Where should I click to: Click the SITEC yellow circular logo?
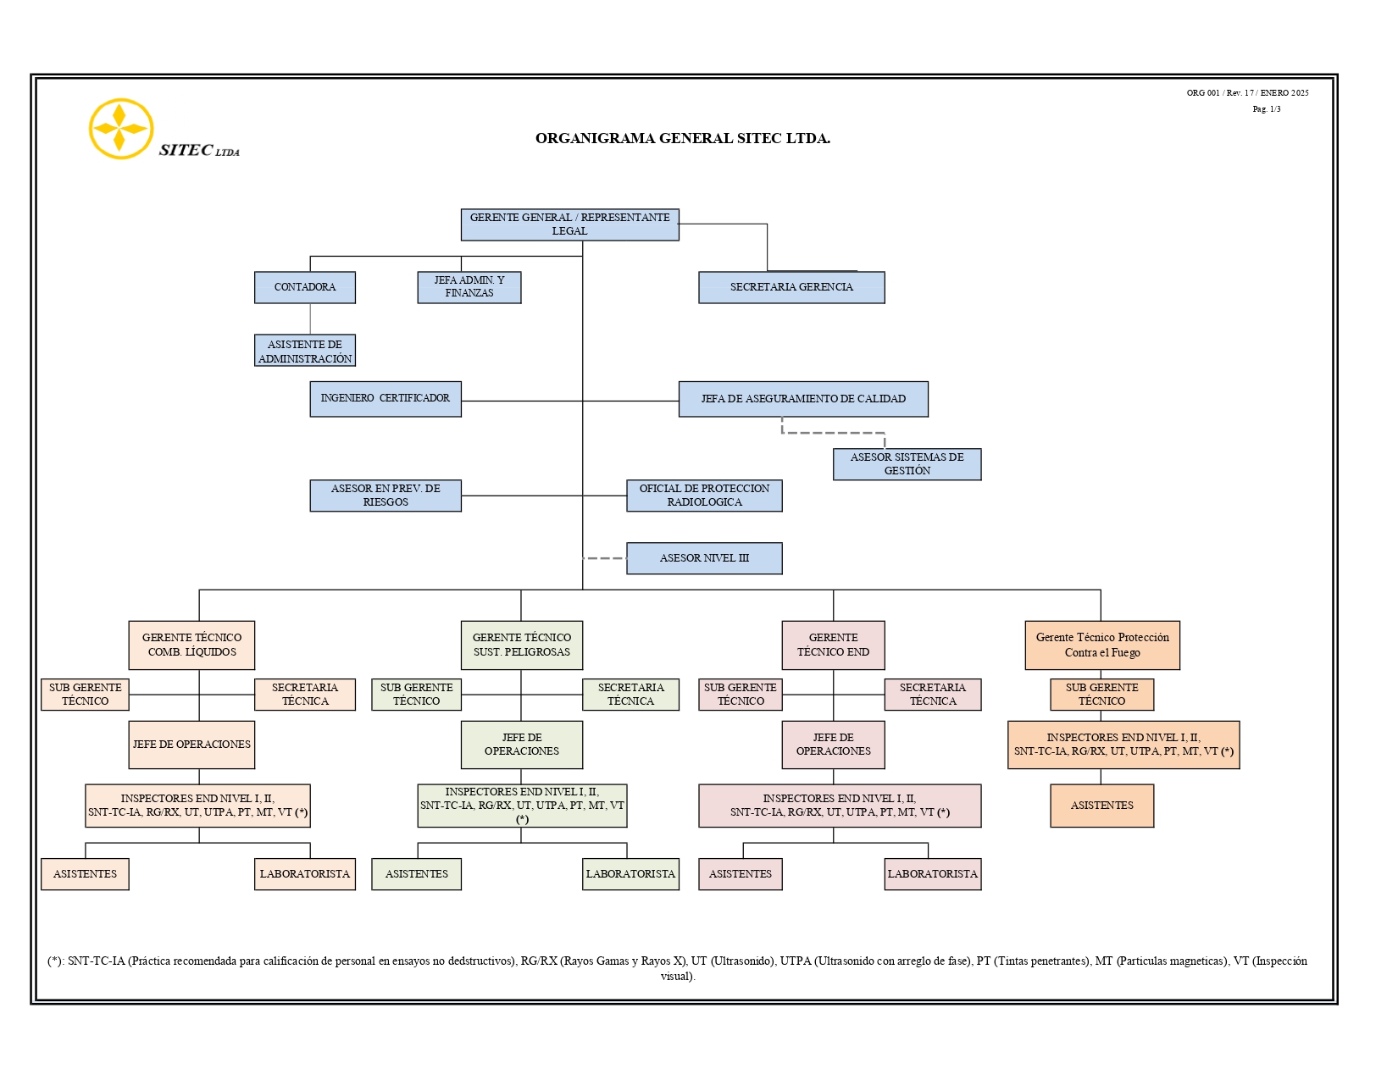121,129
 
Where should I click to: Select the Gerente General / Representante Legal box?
569,224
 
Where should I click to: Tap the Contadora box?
304,287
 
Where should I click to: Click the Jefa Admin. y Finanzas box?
469,287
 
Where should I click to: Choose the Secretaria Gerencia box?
791,287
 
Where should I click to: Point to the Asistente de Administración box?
304,351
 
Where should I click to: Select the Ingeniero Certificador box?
386,399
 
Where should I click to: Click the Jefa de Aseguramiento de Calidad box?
803,399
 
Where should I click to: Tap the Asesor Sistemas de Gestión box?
907,464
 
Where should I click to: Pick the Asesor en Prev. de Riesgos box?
386,496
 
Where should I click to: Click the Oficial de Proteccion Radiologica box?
704,496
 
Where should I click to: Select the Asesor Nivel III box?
704,557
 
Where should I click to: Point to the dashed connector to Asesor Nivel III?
605,558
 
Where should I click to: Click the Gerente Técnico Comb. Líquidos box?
191,645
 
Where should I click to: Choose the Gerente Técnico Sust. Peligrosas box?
521,645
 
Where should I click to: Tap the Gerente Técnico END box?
833,645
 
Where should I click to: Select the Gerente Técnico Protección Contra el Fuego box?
1102,645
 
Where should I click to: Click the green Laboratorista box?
630,873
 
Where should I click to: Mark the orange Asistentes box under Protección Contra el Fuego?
1101,806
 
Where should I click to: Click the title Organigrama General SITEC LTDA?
683,138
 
